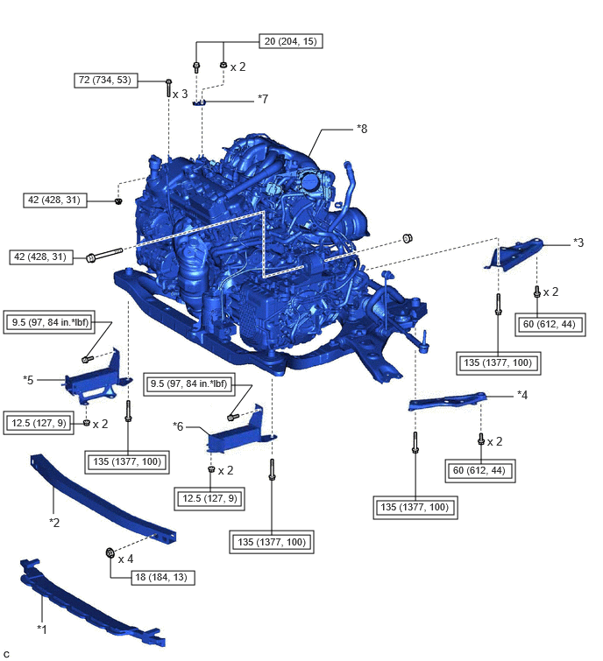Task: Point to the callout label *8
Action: click(362, 129)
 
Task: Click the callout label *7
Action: click(263, 99)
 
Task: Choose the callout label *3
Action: click(578, 243)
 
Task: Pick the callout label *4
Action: click(522, 396)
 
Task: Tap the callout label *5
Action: click(28, 380)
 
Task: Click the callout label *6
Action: click(178, 426)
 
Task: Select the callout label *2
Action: click(54, 523)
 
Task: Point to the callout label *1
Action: click(42, 629)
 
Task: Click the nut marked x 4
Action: click(110, 552)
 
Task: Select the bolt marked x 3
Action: click(168, 88)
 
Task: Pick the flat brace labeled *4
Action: click(447, 401)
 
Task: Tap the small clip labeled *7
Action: click(199, 102)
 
